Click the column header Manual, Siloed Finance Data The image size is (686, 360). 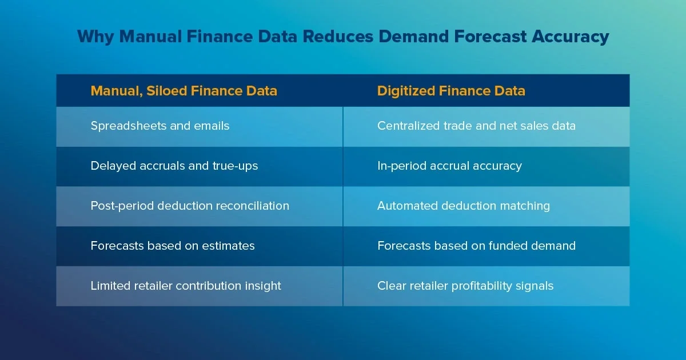(x=184, y=91)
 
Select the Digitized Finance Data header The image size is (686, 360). (x=451, y=91)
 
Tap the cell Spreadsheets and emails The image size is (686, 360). (x=160, y=126)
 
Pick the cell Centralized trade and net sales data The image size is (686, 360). (x=476, y=126)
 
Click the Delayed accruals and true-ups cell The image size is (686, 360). (x=174, y=166)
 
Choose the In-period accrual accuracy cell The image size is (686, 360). (x=449, y=166)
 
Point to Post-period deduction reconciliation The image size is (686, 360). (x=190, y=206)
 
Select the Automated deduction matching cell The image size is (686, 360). (x=464, y=206)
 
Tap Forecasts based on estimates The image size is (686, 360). (x=173, y=246)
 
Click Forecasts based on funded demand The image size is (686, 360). (x=476, y=246)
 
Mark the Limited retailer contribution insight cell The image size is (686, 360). (x=186, y=286)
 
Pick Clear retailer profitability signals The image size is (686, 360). (x=465, y=286)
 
